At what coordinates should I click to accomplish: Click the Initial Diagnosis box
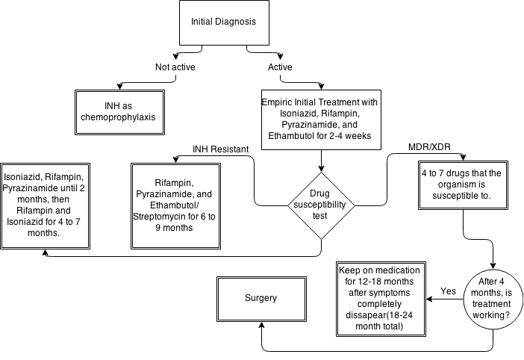[224, 22]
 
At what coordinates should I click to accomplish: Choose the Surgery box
[261, 298]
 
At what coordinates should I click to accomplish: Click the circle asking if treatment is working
[493, 300]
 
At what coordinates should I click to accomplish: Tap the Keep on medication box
[381, 298]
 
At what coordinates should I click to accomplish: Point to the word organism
[463, 184]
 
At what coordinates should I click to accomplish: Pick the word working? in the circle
[493, 317]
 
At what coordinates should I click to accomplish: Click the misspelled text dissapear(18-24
[381, 315]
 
